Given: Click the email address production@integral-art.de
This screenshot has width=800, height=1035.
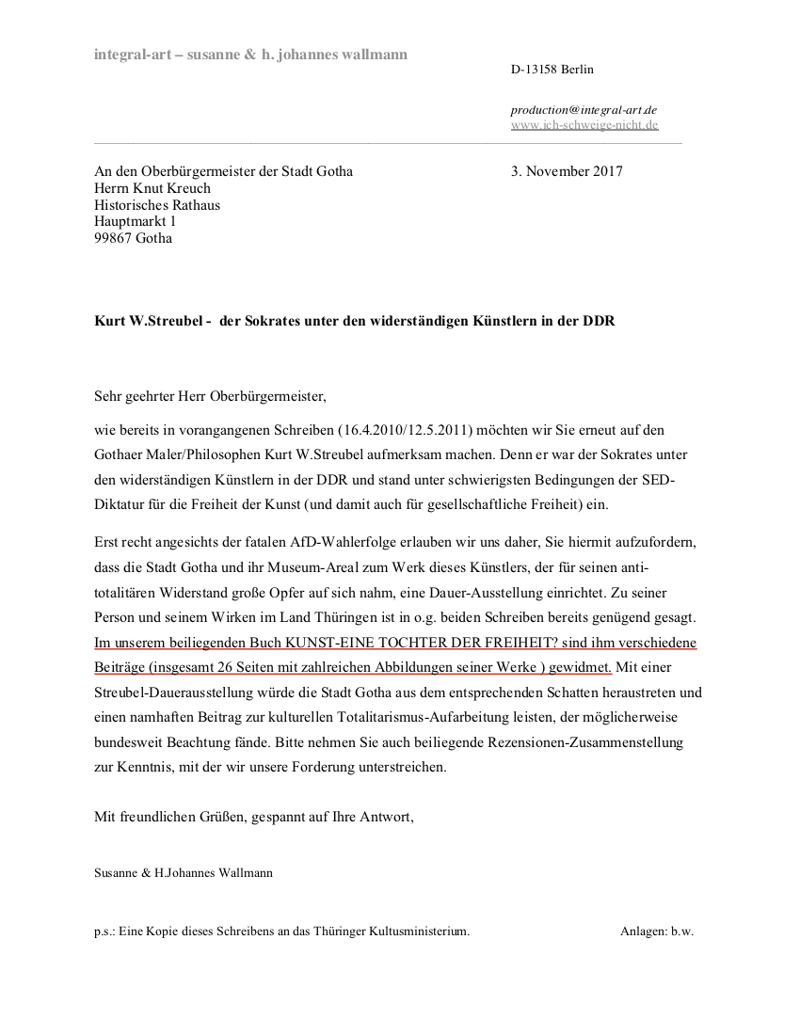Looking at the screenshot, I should tap(584, 110).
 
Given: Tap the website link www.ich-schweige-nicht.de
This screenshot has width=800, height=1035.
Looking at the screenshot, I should tap(584, 125).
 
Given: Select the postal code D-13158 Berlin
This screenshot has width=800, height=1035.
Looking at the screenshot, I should tap(552, 70).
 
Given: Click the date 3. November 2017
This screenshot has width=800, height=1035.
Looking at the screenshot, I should tap(567, 171).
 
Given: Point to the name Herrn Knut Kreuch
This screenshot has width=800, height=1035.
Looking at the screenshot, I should tap(152, 188).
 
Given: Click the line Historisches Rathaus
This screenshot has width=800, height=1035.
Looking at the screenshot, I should tap(157, 205).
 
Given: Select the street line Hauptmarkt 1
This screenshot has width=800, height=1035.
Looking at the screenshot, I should tap(135, 222).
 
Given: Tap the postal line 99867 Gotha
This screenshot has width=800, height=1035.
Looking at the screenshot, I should tap(133, 239).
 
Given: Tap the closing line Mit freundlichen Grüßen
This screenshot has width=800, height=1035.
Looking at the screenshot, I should tap(168, 817).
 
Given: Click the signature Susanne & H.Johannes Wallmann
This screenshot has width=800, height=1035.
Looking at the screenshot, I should tap(183, 873).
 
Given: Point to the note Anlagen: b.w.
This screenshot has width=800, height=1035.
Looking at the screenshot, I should tap(657, 931).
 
